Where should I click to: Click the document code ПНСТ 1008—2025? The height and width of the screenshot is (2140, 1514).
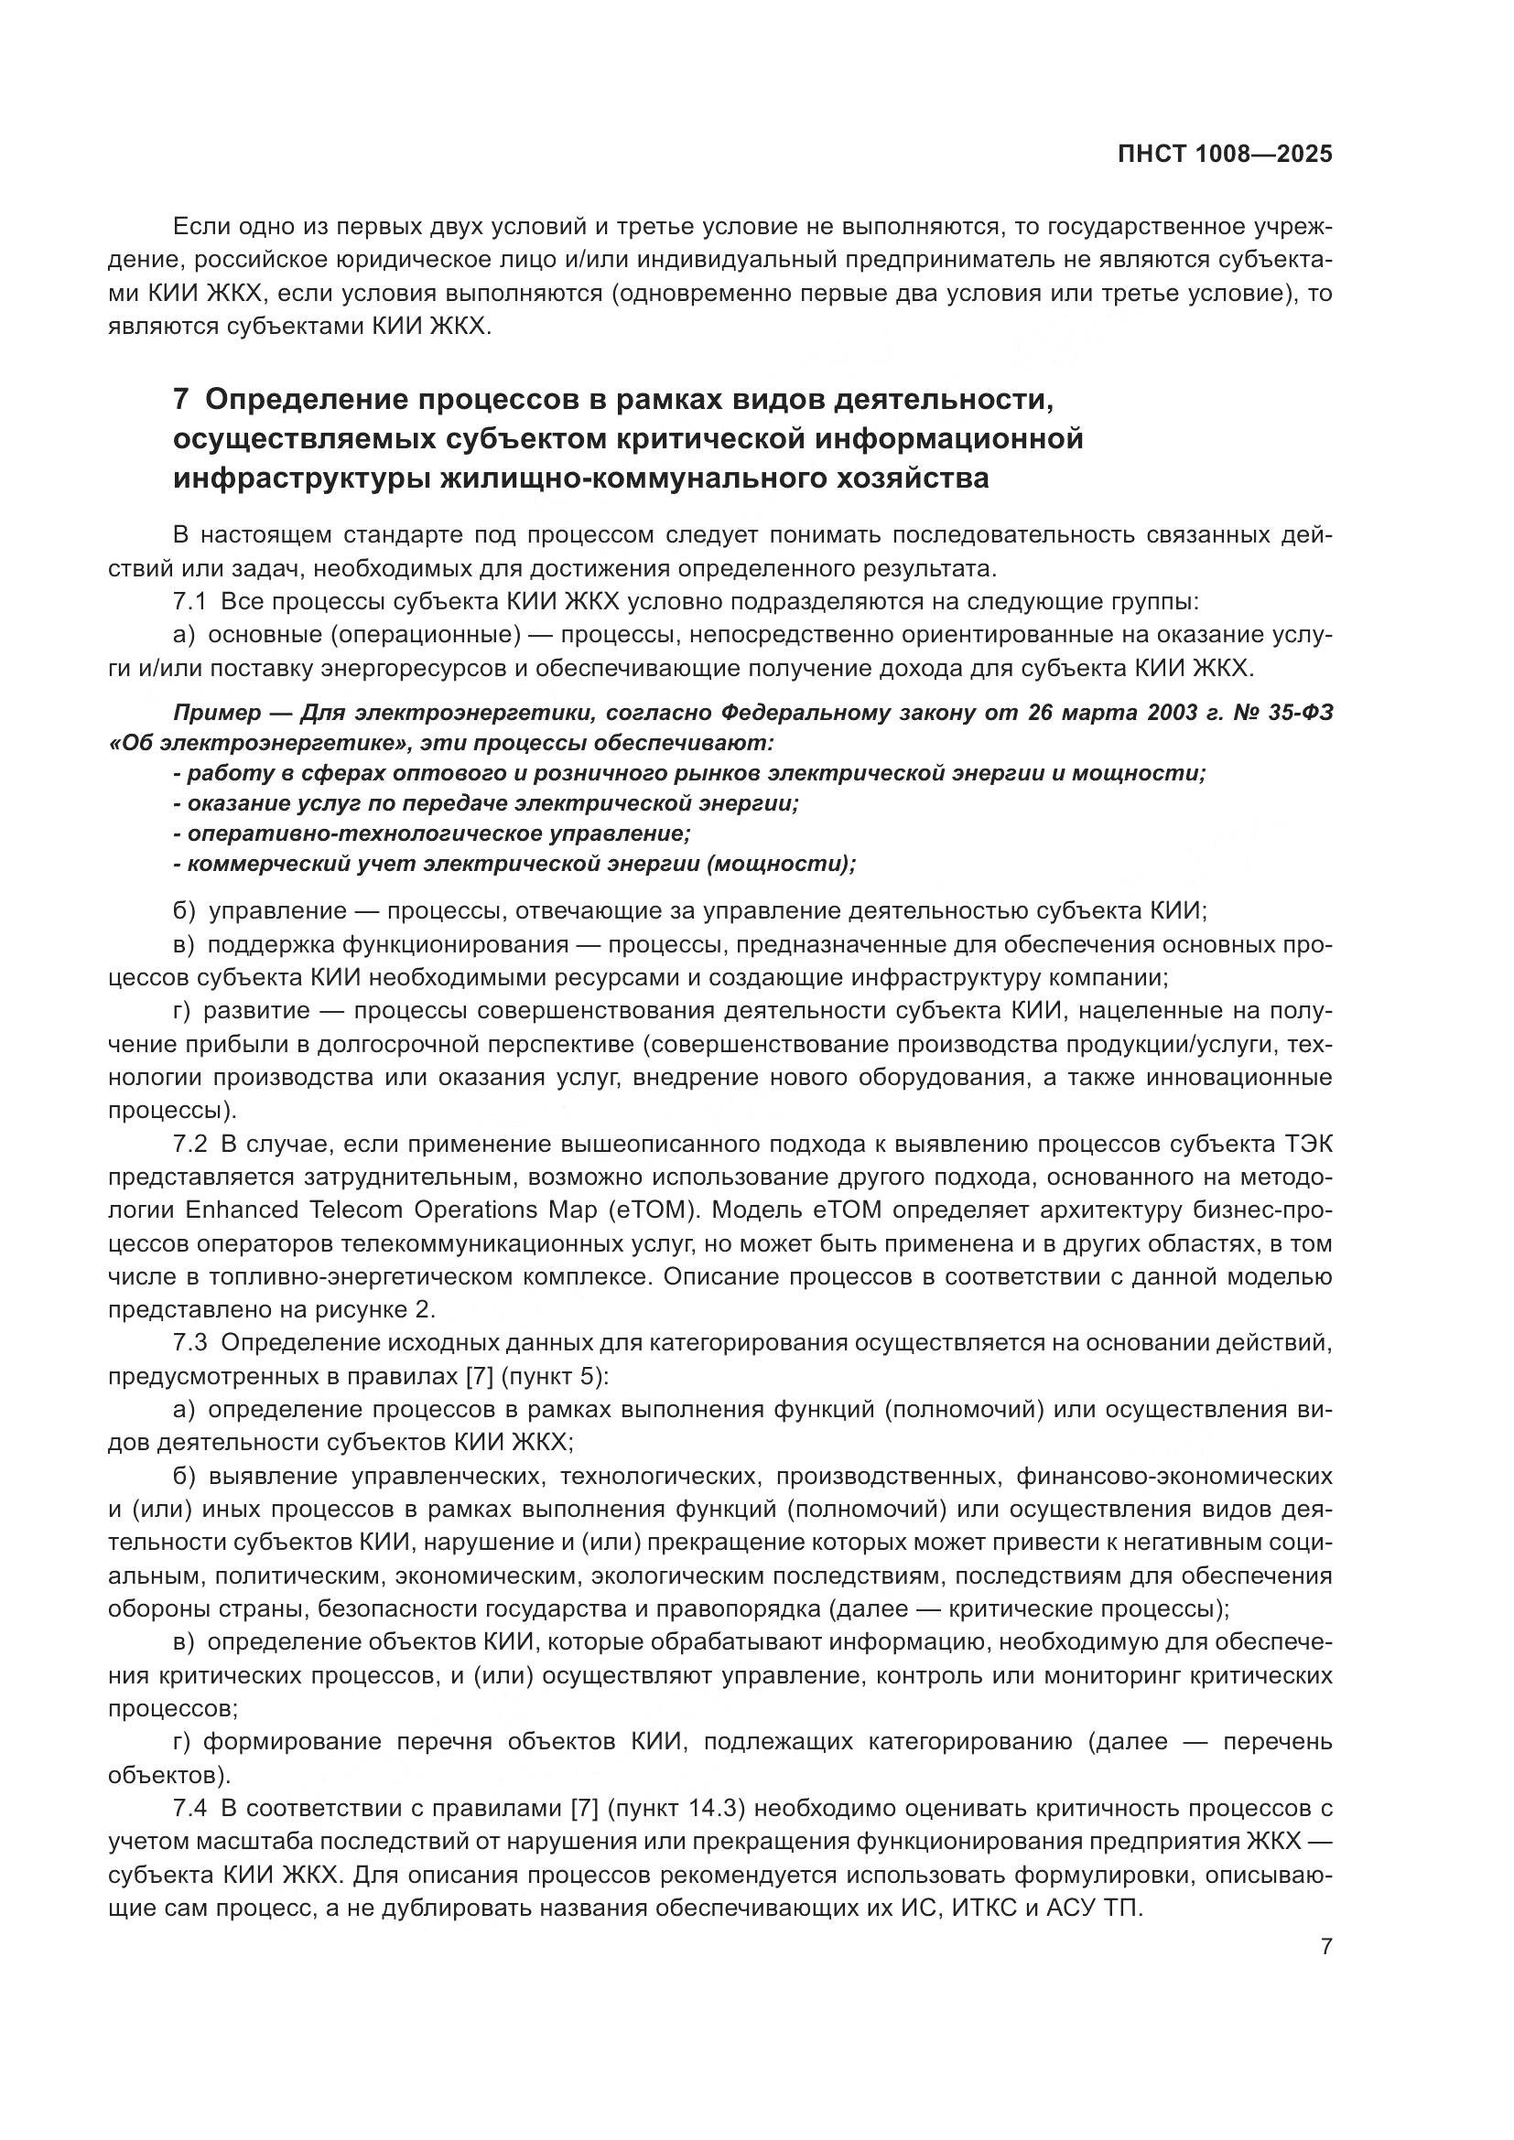1224,155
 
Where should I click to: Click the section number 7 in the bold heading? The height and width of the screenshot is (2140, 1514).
181,400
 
